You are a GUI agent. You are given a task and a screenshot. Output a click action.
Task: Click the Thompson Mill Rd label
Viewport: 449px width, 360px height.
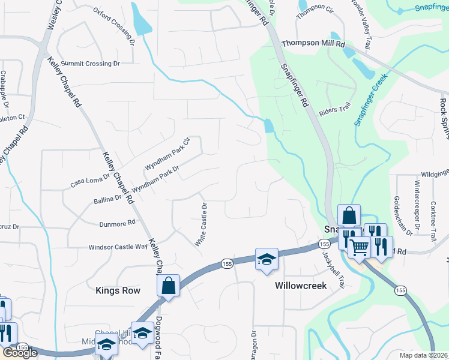313,44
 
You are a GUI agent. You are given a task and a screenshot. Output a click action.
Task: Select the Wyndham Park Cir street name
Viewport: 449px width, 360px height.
167,154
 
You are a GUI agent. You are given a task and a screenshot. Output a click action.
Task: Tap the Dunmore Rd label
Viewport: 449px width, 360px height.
118,223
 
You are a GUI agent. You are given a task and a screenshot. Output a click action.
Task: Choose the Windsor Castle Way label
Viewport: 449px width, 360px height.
118,247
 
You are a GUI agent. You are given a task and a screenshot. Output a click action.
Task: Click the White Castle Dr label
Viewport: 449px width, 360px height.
200,224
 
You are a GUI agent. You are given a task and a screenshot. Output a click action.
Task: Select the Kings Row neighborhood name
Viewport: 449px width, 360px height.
118,290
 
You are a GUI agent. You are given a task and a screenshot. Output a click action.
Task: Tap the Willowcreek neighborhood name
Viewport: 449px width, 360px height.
301,286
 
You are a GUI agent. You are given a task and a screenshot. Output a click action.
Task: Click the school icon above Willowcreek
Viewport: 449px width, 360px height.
267,259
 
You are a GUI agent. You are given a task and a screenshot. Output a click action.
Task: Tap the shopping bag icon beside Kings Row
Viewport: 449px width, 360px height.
169,286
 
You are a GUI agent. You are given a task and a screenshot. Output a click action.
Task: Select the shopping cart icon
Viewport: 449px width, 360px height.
358,245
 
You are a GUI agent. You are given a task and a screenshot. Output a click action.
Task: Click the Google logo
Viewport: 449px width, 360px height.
20,352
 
